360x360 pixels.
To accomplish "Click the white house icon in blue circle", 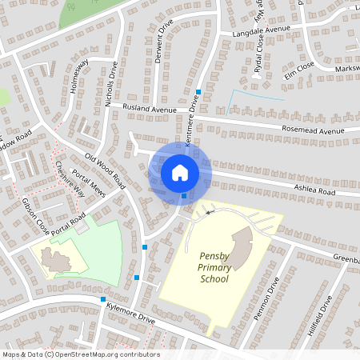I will pyautogui.click(x=179, y=172).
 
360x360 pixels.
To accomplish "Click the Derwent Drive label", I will pyautogui.click(x=165, y=38).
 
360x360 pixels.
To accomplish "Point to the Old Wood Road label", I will pyautogui.click(x=104, y=165).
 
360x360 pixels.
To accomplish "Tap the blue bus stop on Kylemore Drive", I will pyautogui.click(x=103, y=299).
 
